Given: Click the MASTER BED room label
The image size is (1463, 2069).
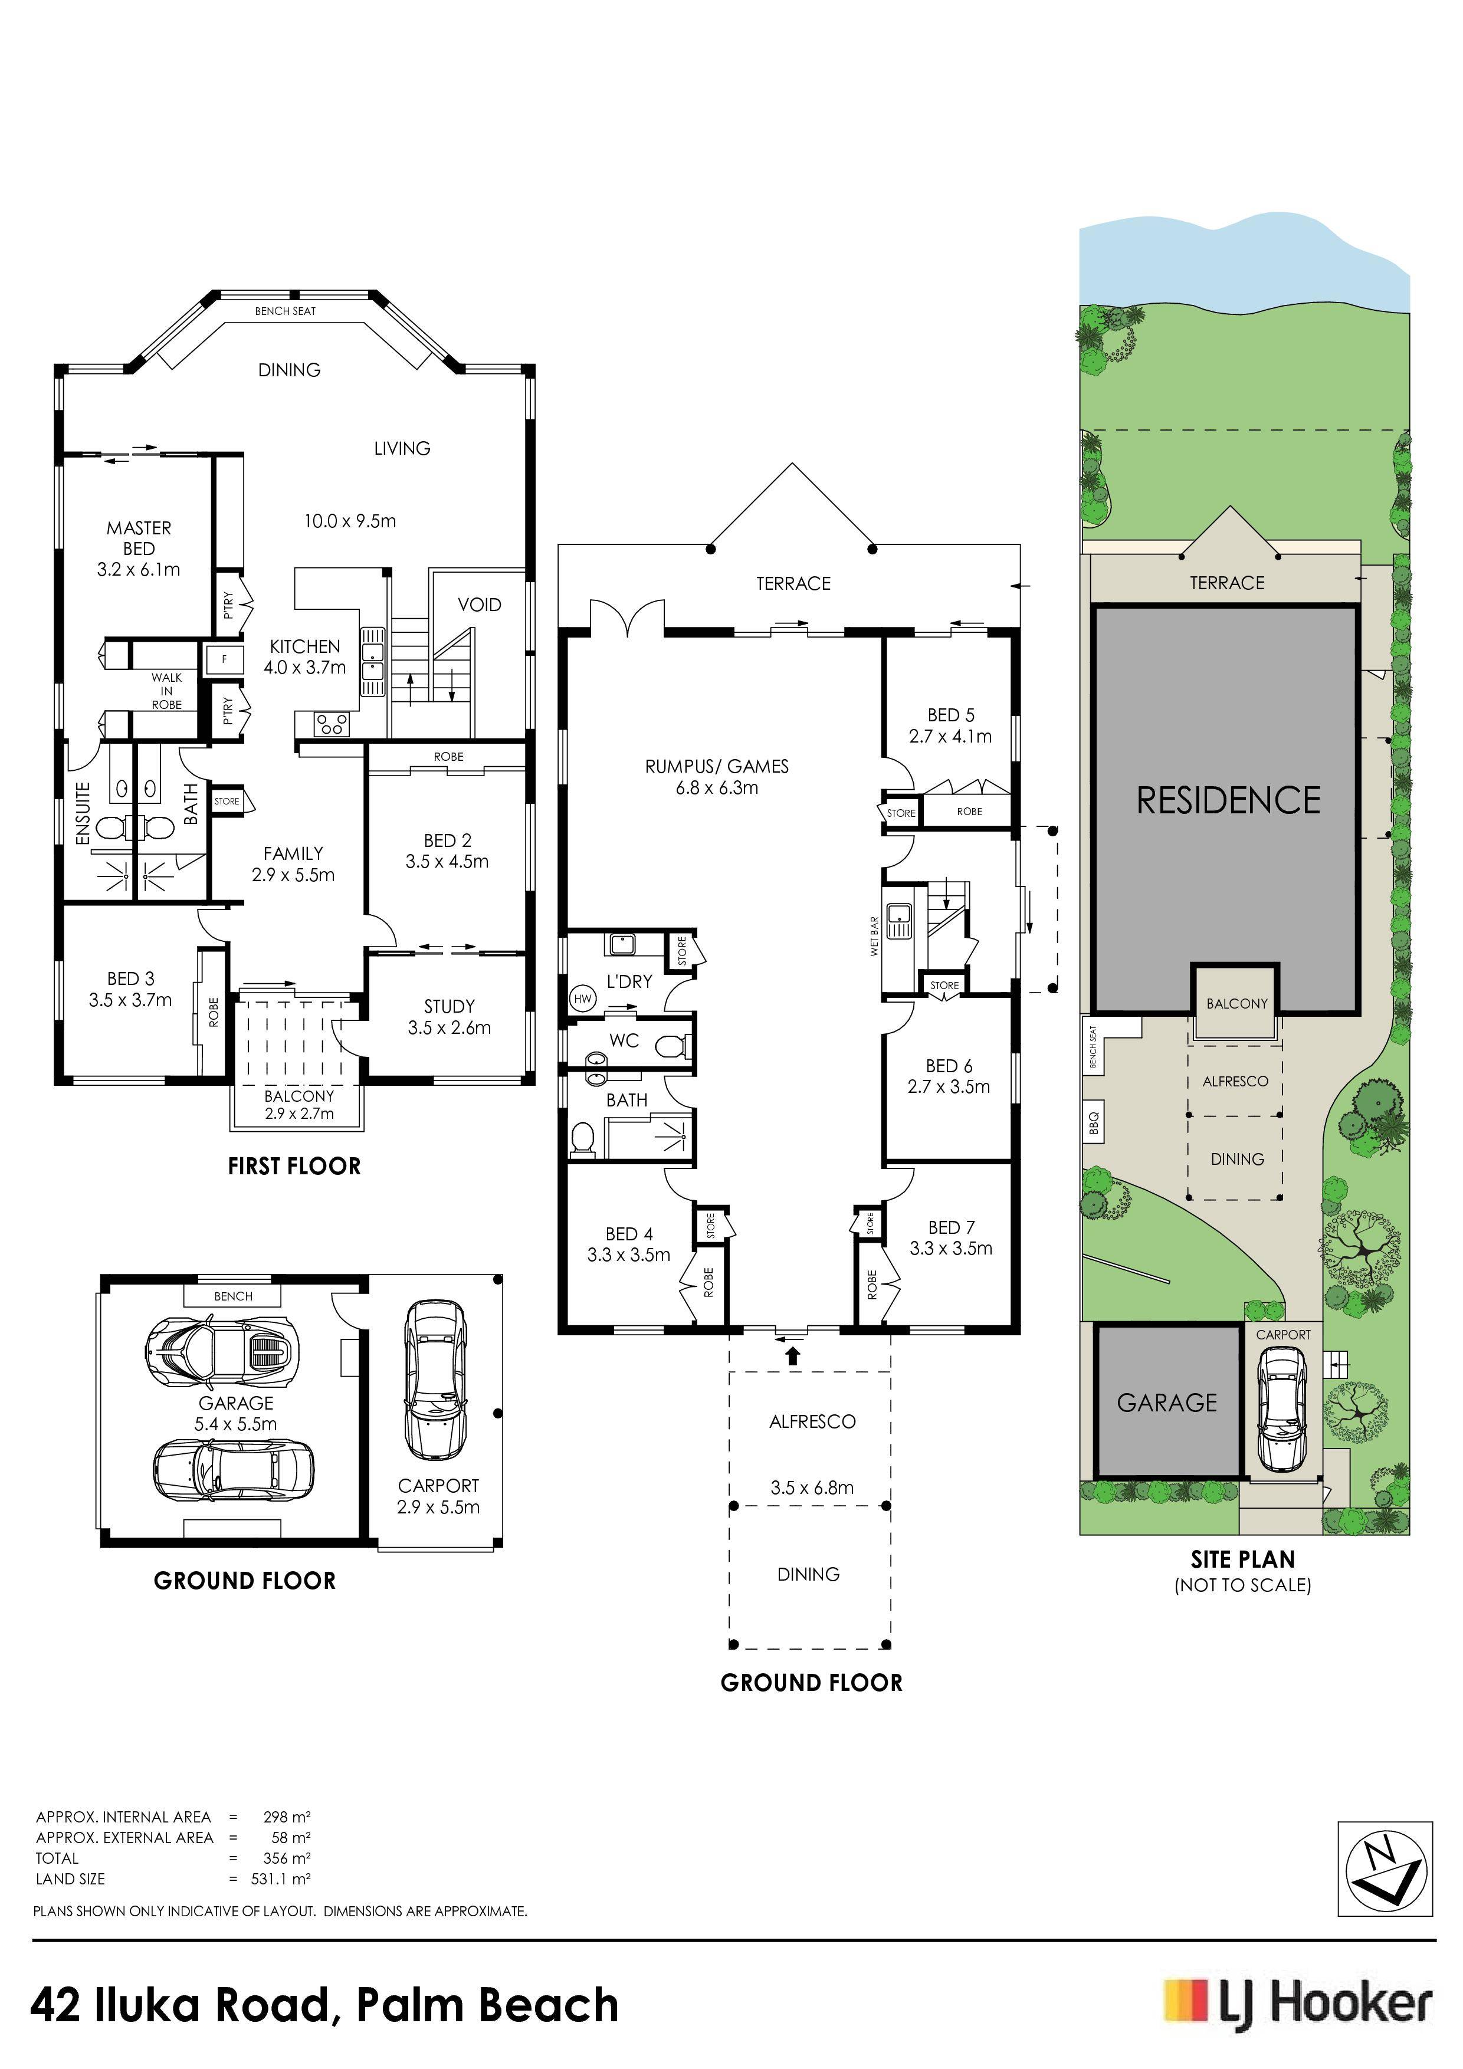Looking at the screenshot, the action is coord(139,538).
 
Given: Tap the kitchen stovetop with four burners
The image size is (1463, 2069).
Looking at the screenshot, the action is coord(331,722).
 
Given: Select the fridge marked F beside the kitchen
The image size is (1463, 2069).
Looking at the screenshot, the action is coord(224,659).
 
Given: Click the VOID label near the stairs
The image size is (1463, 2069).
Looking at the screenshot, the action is coord(480,605).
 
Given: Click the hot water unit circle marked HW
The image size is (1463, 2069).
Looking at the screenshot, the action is coord(582,999).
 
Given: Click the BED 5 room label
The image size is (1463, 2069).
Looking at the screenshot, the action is coord(951,725).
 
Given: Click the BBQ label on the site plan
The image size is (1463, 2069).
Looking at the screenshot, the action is coord(1094,1124).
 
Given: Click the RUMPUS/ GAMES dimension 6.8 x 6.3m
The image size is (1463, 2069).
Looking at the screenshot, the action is coord(717,787).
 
